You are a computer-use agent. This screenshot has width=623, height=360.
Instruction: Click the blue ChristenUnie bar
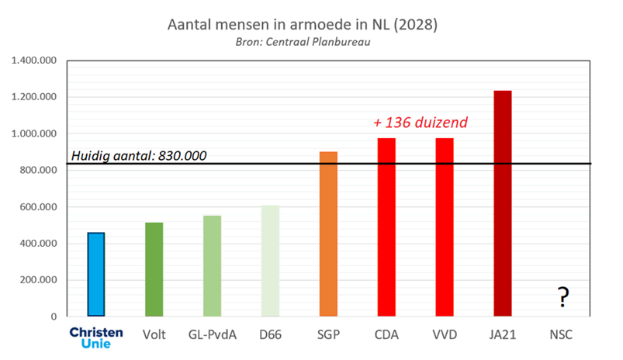pos(96,275)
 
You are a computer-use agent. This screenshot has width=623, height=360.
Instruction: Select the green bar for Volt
pos(154,269)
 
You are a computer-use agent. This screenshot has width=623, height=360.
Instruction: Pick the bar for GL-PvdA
pos(212,266)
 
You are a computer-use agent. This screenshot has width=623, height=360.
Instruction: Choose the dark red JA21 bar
pos(503,203)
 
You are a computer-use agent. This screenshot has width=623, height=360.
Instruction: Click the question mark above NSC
pos(562,296)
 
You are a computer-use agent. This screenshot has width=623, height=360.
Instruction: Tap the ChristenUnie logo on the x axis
pos(95,337)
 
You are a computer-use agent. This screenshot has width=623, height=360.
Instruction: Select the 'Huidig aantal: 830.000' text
pos(139,156)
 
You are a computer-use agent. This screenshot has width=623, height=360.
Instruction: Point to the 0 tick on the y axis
pos(54,317)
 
